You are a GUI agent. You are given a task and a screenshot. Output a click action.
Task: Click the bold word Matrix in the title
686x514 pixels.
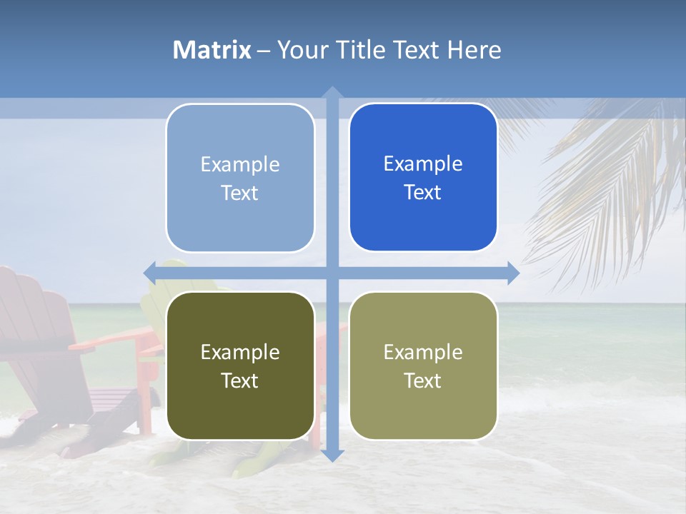[212, 50]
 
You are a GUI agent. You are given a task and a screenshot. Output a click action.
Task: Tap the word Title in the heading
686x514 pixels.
[355, 50]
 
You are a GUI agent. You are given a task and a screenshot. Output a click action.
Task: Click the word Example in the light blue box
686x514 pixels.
[240, 165]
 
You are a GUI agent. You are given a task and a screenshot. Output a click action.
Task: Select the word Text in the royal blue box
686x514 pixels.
[423, 193]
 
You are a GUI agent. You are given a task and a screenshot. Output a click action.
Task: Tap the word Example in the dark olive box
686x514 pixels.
[240, 353]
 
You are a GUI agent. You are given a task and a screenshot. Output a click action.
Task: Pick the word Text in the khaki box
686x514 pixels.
[423, 381]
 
